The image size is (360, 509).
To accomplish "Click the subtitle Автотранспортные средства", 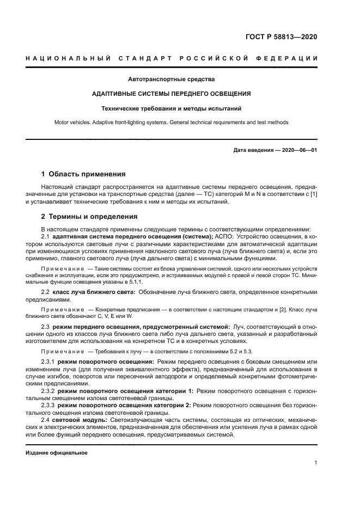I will point(171,79).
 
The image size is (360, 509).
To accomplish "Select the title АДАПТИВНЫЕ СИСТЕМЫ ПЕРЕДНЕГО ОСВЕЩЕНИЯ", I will point(171,94).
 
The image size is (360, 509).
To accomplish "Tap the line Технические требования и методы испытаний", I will point(171,108).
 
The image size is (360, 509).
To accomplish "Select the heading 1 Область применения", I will point(83,175).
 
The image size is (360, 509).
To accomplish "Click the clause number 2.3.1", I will point(49,361).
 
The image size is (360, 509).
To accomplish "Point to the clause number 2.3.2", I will point(49,391).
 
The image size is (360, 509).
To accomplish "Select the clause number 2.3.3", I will point(49,406).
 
